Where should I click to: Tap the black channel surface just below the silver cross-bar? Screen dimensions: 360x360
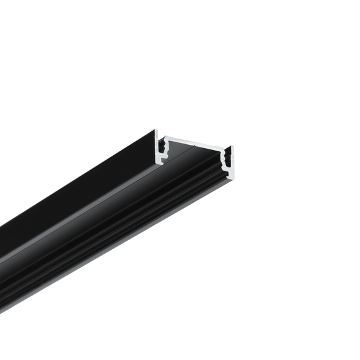(x=193, y=152)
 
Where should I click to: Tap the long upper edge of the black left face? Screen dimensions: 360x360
(x=77, y=178)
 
